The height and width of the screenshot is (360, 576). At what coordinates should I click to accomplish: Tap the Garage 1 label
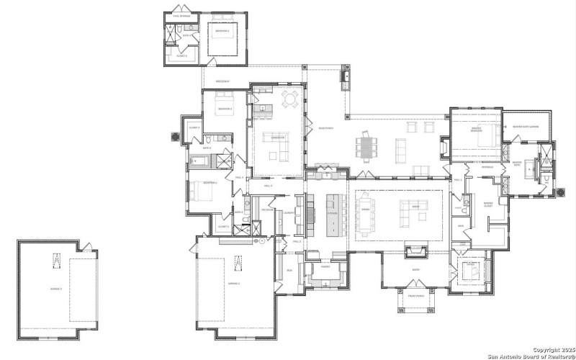point(234,284)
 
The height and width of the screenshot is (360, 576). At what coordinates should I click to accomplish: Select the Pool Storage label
point(181,13)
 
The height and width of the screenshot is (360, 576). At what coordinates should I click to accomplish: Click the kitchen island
point(333,214)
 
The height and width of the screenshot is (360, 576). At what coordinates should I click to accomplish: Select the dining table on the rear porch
point(366,145)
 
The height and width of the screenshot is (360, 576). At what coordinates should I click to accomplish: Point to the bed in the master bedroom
point(482,137)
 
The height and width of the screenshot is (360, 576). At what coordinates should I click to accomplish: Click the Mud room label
point(289,271)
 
